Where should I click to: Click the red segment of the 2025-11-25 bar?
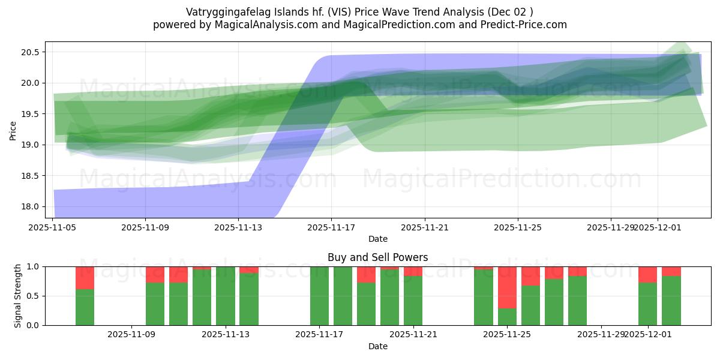507,287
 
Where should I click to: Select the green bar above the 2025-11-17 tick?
319,296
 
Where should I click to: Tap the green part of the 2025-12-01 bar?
647,304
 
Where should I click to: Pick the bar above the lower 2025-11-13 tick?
226,296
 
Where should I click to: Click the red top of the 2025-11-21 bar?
413,271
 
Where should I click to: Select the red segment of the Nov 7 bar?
85,278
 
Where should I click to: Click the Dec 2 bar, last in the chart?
671,300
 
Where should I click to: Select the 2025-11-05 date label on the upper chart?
53,227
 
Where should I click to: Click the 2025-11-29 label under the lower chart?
601,335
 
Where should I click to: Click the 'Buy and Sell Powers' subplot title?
377,257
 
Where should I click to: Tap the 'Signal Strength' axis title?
18,296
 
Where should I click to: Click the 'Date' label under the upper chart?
377,239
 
